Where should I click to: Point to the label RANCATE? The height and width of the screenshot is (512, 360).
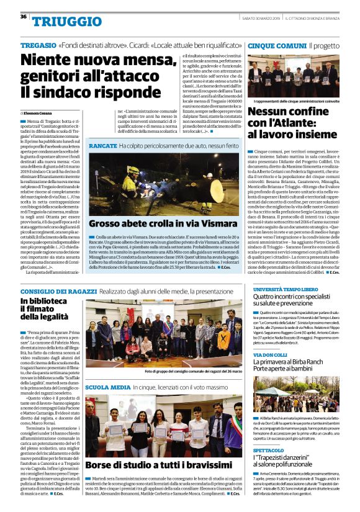[102, 145]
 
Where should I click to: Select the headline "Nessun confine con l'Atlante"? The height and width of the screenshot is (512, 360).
[292, 122]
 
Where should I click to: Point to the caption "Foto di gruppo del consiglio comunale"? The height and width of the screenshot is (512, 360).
[189, 372]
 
